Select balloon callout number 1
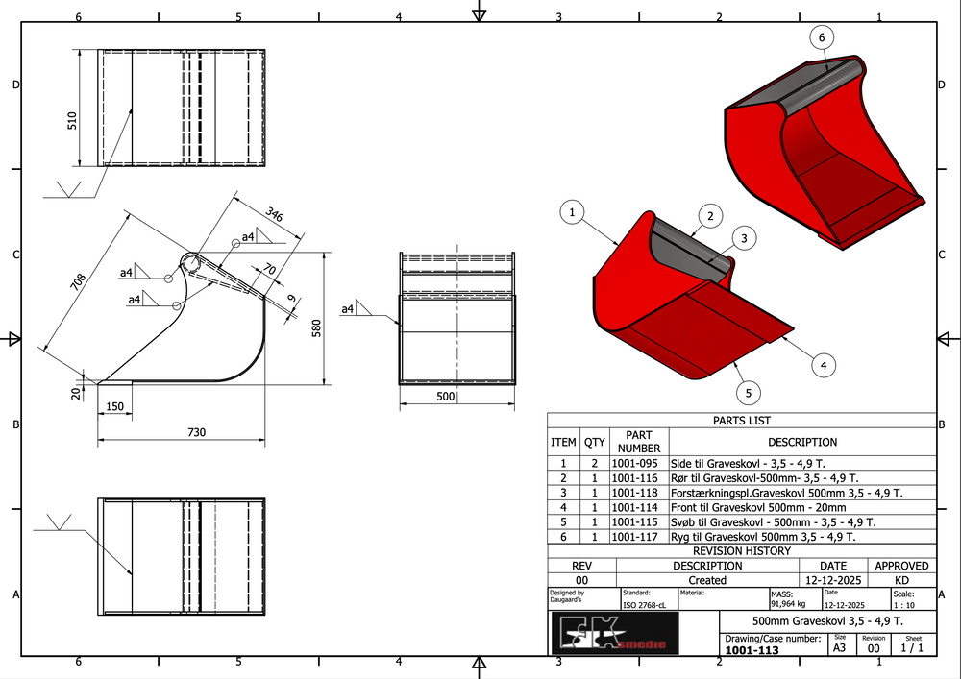tap(572, 211)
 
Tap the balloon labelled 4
tap(824, 364)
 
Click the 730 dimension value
tap(196, 432)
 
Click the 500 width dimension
tap(446, 396)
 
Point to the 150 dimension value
tap(115, 408)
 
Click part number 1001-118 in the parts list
tap(639, 493)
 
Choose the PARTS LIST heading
tap(741, 421)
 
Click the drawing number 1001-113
tap(752, 650)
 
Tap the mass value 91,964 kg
tap(788, 605)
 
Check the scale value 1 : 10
tap(903, 606)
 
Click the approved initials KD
tap(901, 580)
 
